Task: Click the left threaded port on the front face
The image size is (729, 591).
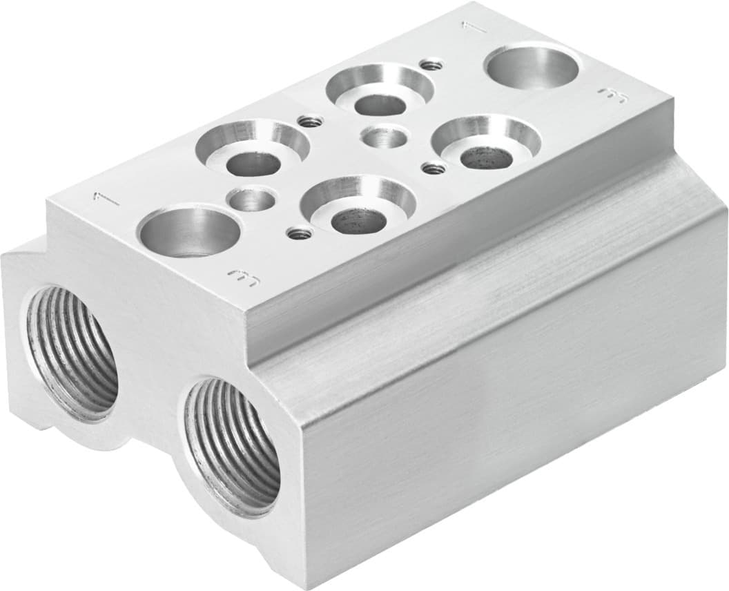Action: [x=71, y=352]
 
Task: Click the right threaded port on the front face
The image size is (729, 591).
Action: [x=233, y=447]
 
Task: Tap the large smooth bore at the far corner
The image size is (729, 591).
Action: [x=532, y=66]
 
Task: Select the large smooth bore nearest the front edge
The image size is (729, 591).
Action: [x=189, y=231]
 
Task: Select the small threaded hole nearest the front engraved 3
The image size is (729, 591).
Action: [x=299, y=234]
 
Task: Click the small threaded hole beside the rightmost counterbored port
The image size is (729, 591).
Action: [x=434, y=168]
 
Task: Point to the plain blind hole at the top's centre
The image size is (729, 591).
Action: [x=385, y=137]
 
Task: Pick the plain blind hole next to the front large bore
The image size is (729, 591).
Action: [x=253, y=200]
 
